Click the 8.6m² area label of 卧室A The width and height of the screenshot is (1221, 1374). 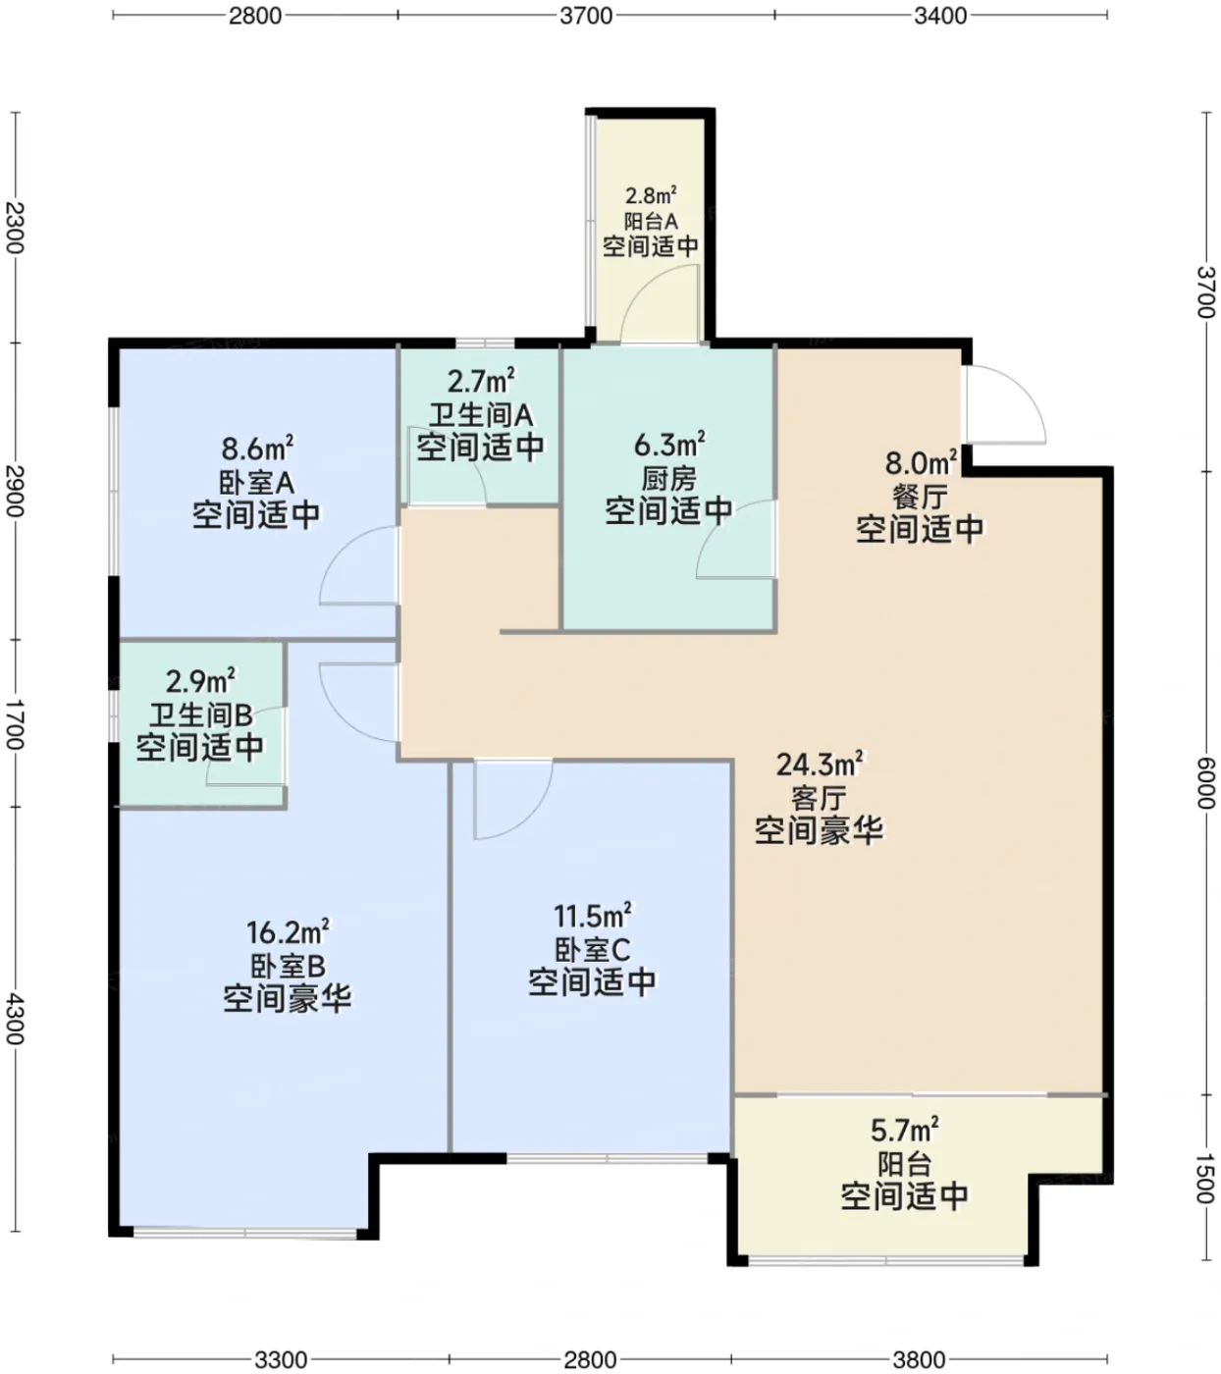tap(258, 449)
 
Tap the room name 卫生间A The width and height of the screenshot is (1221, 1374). tap(481, 415)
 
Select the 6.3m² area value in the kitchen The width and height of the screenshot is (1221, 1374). tap(669, 445)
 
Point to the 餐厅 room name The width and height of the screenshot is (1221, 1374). tap(920, 498)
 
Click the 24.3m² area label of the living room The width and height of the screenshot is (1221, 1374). tap(820, 765)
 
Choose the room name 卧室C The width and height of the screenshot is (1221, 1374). tap(592, 949)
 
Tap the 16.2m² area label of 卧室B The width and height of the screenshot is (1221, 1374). tap(288, 932)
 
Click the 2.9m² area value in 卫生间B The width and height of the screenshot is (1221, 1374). tap(201, 681)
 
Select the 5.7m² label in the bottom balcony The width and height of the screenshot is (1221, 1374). tap(905, 1131)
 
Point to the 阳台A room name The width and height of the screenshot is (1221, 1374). tap(651, 221)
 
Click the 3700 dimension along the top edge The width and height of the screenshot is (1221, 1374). tap(586, 15)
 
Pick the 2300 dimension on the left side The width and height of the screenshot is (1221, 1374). tap(15, 228)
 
